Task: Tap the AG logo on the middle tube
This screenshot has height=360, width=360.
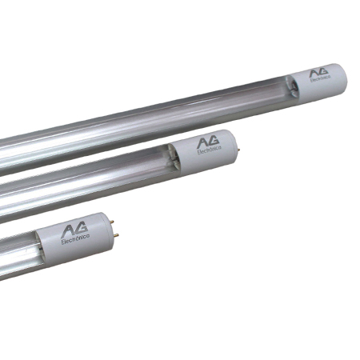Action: click(x=208, y=142)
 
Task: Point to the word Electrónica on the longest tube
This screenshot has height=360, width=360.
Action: click(x=320, y=78)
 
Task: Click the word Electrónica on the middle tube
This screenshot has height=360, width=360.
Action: click(x=209, y=150)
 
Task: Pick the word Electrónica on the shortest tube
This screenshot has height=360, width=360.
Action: click(x=75, y=239)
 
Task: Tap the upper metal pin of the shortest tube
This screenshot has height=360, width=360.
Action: click(x=112, y=222)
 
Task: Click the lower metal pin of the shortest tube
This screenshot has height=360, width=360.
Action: click(x=116, y=235)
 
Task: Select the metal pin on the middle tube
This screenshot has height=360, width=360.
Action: click(x=238, y=150)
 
